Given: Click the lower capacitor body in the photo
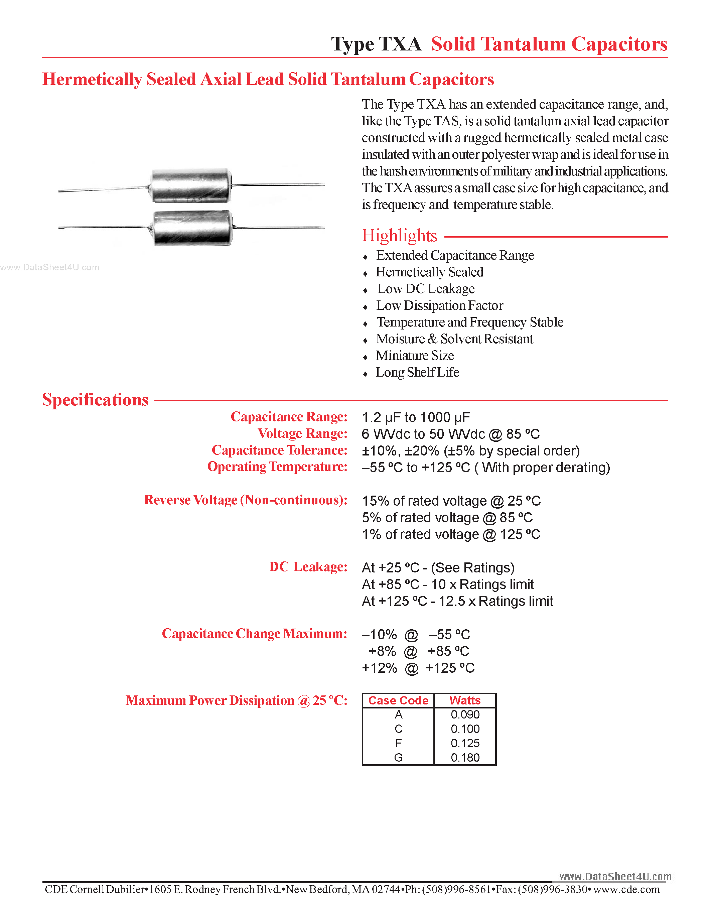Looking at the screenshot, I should [x=193, y=228].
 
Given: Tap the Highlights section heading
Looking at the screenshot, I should [x=399, y=236].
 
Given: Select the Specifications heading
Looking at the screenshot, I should [x=96, y=400].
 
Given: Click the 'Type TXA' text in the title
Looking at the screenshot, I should [x=376, y=44].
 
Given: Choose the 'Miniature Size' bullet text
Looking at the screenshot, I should [x=415, y=356].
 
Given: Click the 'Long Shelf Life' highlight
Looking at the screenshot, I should [x=417, y=372].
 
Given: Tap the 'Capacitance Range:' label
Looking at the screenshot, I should [x=289, y=417].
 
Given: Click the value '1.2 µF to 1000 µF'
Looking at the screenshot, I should [x=416, y=417].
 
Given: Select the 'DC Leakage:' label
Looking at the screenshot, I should [x=308, y=567].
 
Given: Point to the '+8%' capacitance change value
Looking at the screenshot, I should [x=382, y=651].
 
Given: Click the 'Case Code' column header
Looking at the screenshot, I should [x=398, y=700].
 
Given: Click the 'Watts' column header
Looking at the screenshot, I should [x=465, y=700].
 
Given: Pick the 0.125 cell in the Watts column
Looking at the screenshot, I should [x=465, y=743].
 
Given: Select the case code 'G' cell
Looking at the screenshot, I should [x=398, y=757].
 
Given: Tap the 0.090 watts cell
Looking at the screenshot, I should [x=465, y=714].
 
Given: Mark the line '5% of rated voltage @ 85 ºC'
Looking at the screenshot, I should [x=447, y=518].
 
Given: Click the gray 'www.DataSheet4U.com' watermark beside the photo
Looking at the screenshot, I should [x=50, y=267].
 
